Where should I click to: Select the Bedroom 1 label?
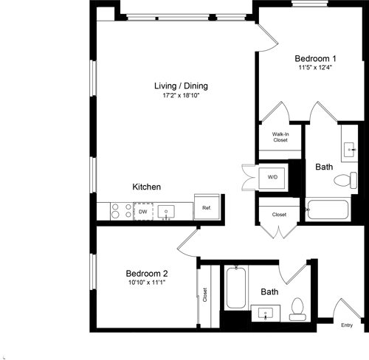point(316,59)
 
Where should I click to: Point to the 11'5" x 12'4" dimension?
point(316,69)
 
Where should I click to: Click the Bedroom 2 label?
point(146,271)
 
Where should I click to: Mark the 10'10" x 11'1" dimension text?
point(146,281)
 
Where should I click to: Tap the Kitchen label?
point(146,187)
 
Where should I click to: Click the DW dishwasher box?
point(142,212)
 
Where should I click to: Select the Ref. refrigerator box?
point(207,209)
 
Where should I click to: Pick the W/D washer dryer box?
point(272,177)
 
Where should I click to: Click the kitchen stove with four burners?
point(117,212)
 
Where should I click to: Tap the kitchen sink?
point(167,212)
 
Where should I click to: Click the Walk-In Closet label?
point(280,136)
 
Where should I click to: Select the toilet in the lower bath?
point(298,308)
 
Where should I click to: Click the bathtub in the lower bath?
point(235,288)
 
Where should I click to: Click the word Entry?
point(346,325)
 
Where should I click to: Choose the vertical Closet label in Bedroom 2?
point(204,295)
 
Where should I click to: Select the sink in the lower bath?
point(266,313)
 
